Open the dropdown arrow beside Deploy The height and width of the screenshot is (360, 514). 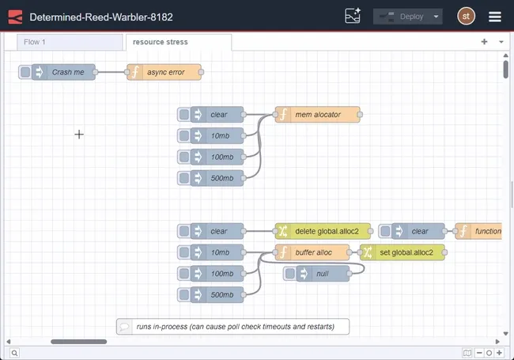[437, 17]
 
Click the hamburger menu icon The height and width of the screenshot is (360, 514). [495, 17]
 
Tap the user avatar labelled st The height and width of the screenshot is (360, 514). [467, 17]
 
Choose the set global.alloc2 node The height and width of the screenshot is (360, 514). [406, 252]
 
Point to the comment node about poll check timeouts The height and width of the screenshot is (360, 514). [234, 326]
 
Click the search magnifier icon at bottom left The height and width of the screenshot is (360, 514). [14, 353]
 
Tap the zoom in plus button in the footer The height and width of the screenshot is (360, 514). [499, 353]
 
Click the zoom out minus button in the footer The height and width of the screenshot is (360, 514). [480, 353]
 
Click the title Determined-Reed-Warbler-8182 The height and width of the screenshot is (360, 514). [100, 17]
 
